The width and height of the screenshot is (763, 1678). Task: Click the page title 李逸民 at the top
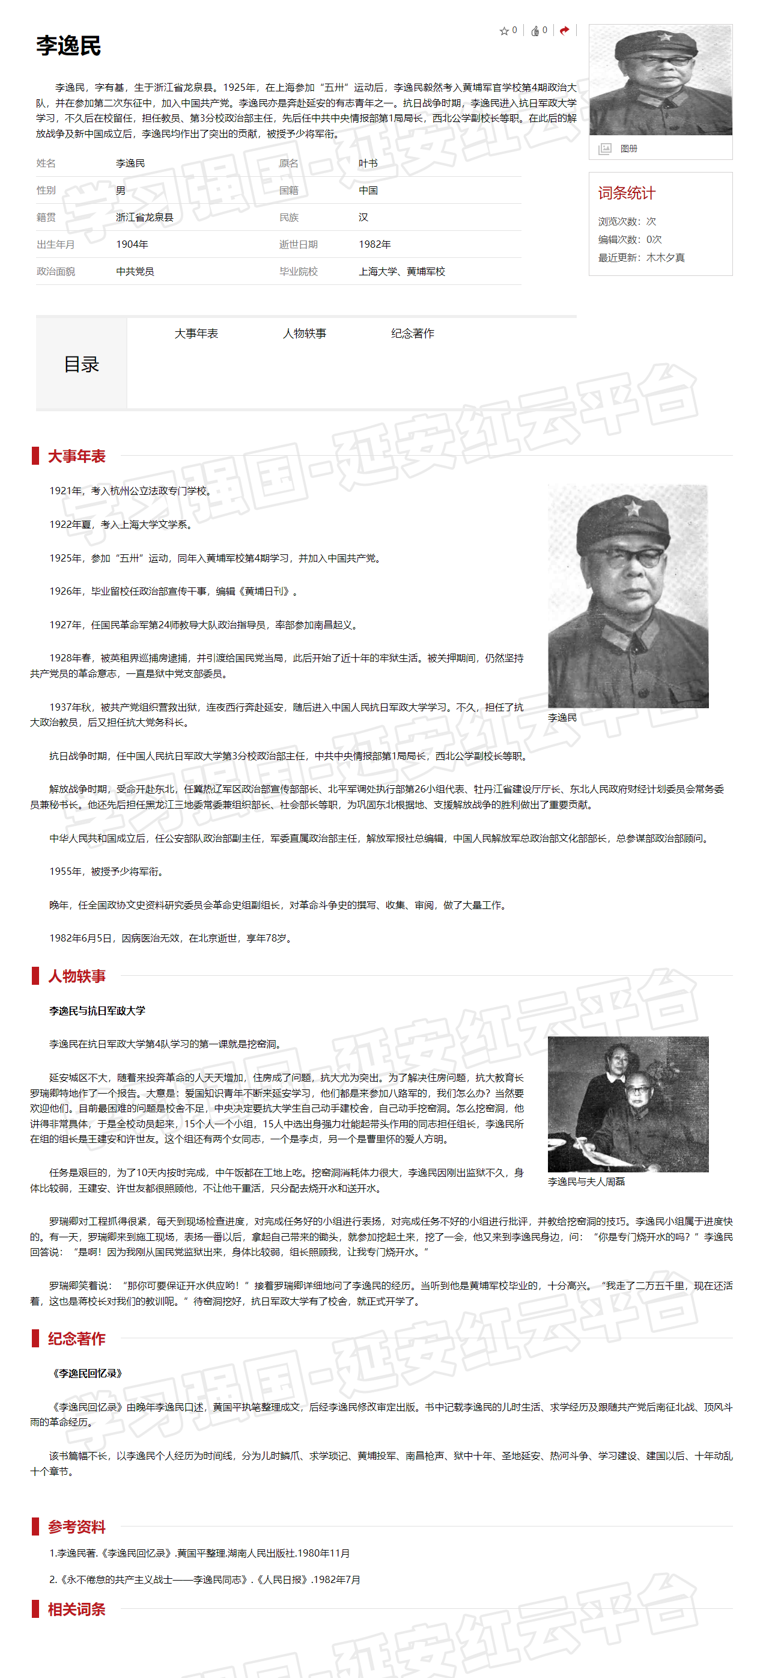tap(68, 46)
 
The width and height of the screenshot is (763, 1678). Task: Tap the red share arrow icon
tap(564, 30)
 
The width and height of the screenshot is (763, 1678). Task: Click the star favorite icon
tap(504, 31)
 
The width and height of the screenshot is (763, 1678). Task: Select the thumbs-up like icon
tap(535, 31)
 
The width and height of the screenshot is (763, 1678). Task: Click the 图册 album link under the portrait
tap(628, 149)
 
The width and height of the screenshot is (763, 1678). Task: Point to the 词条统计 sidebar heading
tap(626, 193)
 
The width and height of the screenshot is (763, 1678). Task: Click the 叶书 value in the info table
tap(368, 164)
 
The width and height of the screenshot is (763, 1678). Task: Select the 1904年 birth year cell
tap(132, 244)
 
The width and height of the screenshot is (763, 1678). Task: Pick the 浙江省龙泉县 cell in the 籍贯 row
tap(145, 218)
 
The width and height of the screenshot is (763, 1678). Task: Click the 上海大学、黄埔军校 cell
tap(402, 272)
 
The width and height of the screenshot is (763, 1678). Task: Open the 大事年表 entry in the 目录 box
tap(196, 334)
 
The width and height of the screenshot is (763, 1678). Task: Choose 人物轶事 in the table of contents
tap(304, 334)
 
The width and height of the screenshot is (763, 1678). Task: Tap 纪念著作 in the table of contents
tap(412, 334)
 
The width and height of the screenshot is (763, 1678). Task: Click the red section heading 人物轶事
tap(76, 976)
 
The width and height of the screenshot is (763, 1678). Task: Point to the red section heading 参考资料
tap(76, 1526)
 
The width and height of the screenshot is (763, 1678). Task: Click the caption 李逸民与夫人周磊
tap(586, 1181)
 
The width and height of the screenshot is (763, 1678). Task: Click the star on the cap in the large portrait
tap(632, 507)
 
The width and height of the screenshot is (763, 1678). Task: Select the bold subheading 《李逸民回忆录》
tap(87, 1373)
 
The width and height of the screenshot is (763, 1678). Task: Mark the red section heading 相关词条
tap(76, 1609)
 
